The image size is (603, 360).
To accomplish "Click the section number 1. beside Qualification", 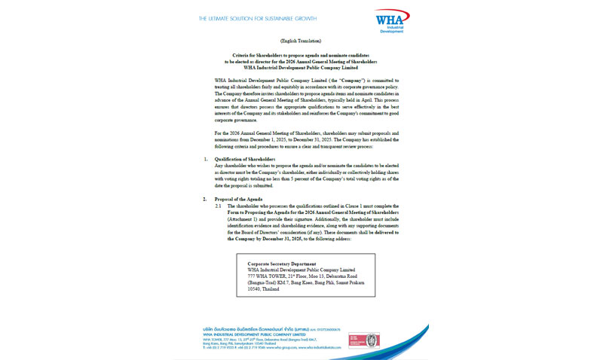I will coord(207,160).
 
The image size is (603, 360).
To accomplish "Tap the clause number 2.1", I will coord(219,206).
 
